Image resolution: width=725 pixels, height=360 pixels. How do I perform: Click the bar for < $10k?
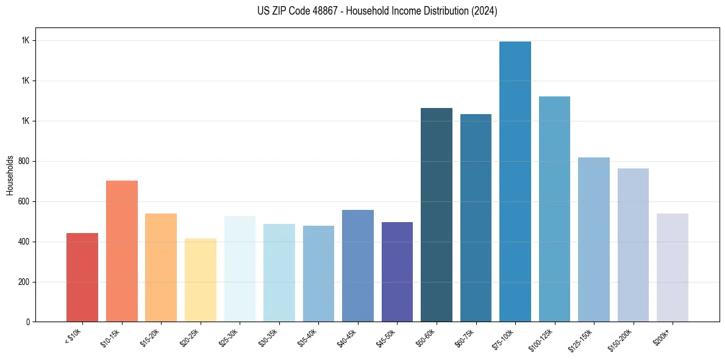click(x=82, y=278)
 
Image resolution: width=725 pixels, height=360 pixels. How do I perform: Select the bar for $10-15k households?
click(x=122, y=251)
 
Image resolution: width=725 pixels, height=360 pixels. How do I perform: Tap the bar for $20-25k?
click(x=201, y=280)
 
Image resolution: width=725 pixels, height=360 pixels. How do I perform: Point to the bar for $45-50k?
click(x=397, y=272)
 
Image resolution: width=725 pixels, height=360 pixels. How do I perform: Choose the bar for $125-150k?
click(x=594, y=240)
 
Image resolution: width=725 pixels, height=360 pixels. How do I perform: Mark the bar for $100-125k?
click(x=554, y=209)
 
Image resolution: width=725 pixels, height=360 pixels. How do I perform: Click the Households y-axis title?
click(x=10, y=175)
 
